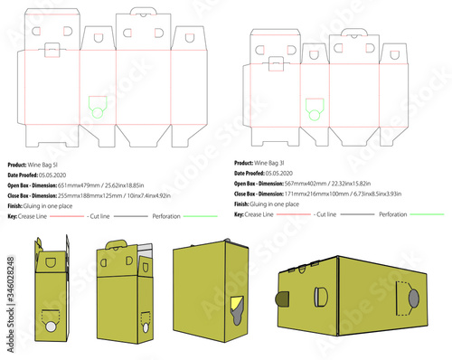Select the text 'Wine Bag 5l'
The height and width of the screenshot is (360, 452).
[x=61, y=163]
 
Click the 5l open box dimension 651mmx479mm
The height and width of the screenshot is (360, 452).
[x=113, y=185]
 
